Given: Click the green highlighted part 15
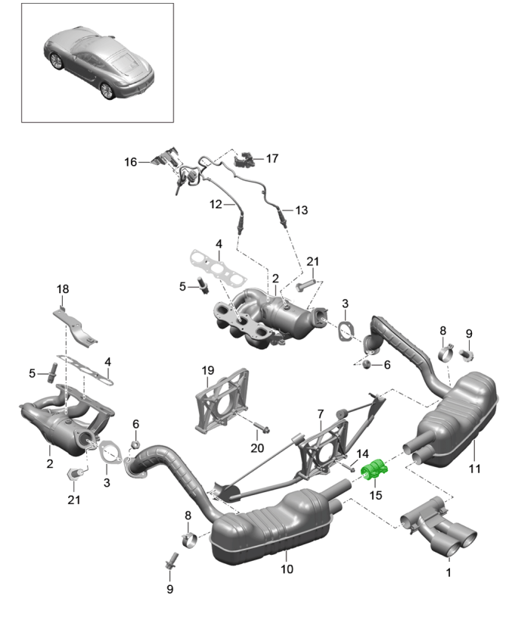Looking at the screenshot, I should [x=375, y=472].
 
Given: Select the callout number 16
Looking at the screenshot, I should [x=131, y=162].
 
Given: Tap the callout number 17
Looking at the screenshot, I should [x=272, y=159].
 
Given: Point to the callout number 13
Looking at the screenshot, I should [x=301, y=210].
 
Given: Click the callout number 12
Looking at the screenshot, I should [x=216, y=204].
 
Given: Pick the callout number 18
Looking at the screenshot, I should [x=62, y=289].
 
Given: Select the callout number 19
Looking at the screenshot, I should [x=208, y=370].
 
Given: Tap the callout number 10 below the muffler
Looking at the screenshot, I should [x=287, y=569].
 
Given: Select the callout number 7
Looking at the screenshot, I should [x=320, y=414].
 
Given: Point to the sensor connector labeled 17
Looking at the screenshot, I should [x=244, y=159].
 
